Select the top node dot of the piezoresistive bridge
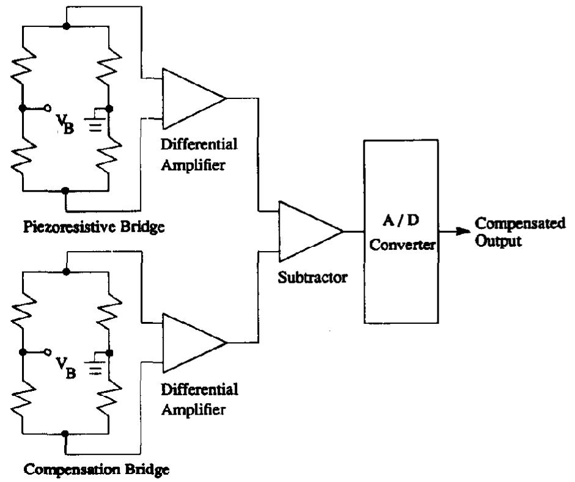[x=66, y=26]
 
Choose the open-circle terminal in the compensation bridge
[x=47, y=353]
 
